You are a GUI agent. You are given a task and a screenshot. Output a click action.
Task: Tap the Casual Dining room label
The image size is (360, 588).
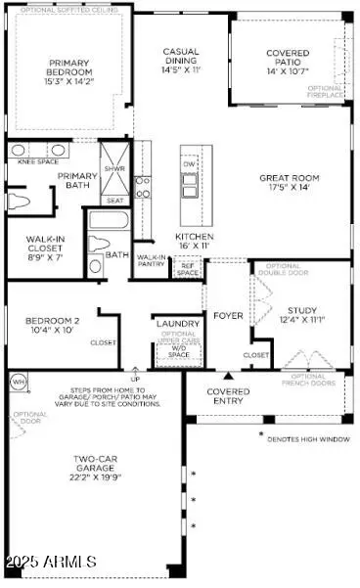(x=183, y=62)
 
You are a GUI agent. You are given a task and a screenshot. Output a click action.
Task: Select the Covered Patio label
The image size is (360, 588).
(x=289, y=61)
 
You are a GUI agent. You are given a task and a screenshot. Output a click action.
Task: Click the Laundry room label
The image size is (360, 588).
(x=177, y=324)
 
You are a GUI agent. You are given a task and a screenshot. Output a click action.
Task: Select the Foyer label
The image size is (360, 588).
(x=228, y=316)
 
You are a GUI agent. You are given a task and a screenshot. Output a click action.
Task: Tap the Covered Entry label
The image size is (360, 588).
(x=228, y=396)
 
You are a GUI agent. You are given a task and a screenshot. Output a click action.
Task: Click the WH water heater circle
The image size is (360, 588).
(x=17, y=381)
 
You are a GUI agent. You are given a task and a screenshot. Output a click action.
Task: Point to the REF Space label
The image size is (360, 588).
(x=188, y=267)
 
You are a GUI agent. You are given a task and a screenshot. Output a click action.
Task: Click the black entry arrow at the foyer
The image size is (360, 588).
(x=228, y=376)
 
